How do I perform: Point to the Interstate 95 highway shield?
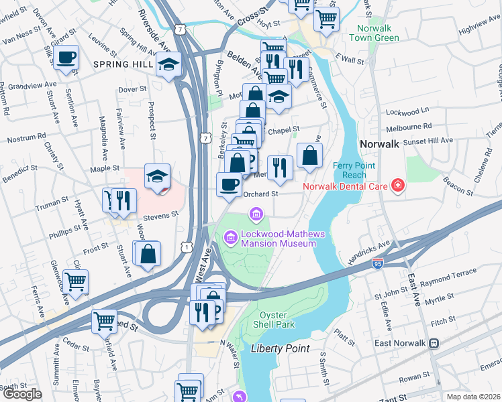click(378, 265)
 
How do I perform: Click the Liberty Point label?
click(281, 348)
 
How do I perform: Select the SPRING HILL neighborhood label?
click(123, 64)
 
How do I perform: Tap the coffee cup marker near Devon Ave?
click(66, 58)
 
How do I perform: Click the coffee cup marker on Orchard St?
click(229, 184)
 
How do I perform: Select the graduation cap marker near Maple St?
click(157, 177)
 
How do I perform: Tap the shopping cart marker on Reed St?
click(104, 321)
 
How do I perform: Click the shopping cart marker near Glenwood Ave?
click(75, 281)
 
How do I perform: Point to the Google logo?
click(21, 394)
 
